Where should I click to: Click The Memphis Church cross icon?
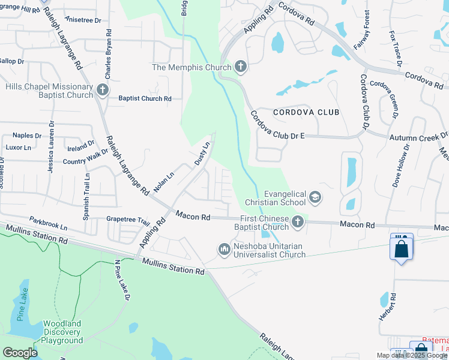pos(240,67)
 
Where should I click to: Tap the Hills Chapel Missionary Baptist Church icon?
pos(103,91)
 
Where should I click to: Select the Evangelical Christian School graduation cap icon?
pos(315,197)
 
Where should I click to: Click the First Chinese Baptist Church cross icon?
pos(297,223)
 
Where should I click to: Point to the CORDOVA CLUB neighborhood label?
pos(306,112)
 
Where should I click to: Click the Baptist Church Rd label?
pos(145,98)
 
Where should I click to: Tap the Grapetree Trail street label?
pos(128,220)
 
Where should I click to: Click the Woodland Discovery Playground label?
pos(62,332)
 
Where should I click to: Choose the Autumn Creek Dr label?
pos(418,137)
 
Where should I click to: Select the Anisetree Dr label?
pos(88,20)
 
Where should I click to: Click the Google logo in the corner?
pos(20,352)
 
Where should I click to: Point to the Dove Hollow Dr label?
pos(401,166)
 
